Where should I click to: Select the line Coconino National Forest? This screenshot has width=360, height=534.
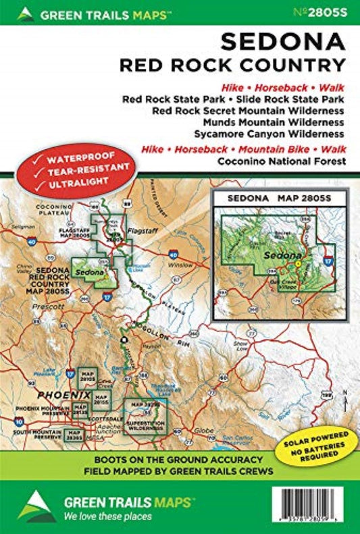coord(281,161)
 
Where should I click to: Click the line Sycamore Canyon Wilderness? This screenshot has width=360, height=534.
coord(273,133)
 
